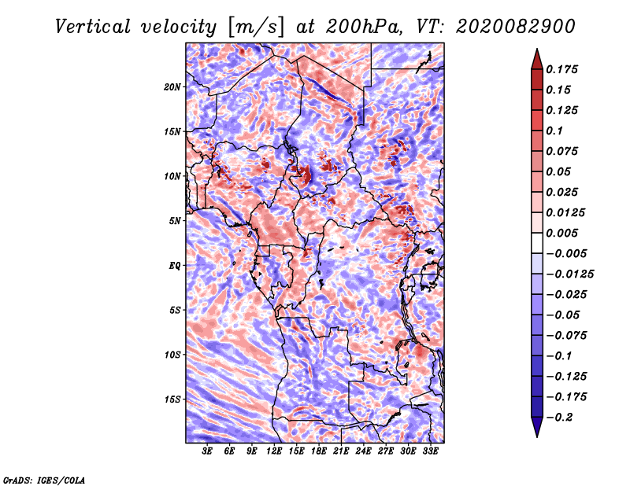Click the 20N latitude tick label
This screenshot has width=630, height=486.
[172, 87]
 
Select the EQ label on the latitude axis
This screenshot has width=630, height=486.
[175, 266]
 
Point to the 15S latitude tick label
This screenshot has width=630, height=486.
[172, 399]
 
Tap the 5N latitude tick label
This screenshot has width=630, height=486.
[175, 221]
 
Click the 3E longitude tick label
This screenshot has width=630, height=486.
[207, 451]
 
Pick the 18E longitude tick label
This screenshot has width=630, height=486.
[319, 451]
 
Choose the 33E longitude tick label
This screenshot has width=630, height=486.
[430, 451]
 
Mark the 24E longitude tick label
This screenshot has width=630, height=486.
[363, 451]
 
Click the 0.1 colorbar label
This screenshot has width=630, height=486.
[554, 131]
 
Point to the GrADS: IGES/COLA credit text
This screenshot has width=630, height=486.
[43, 479]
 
